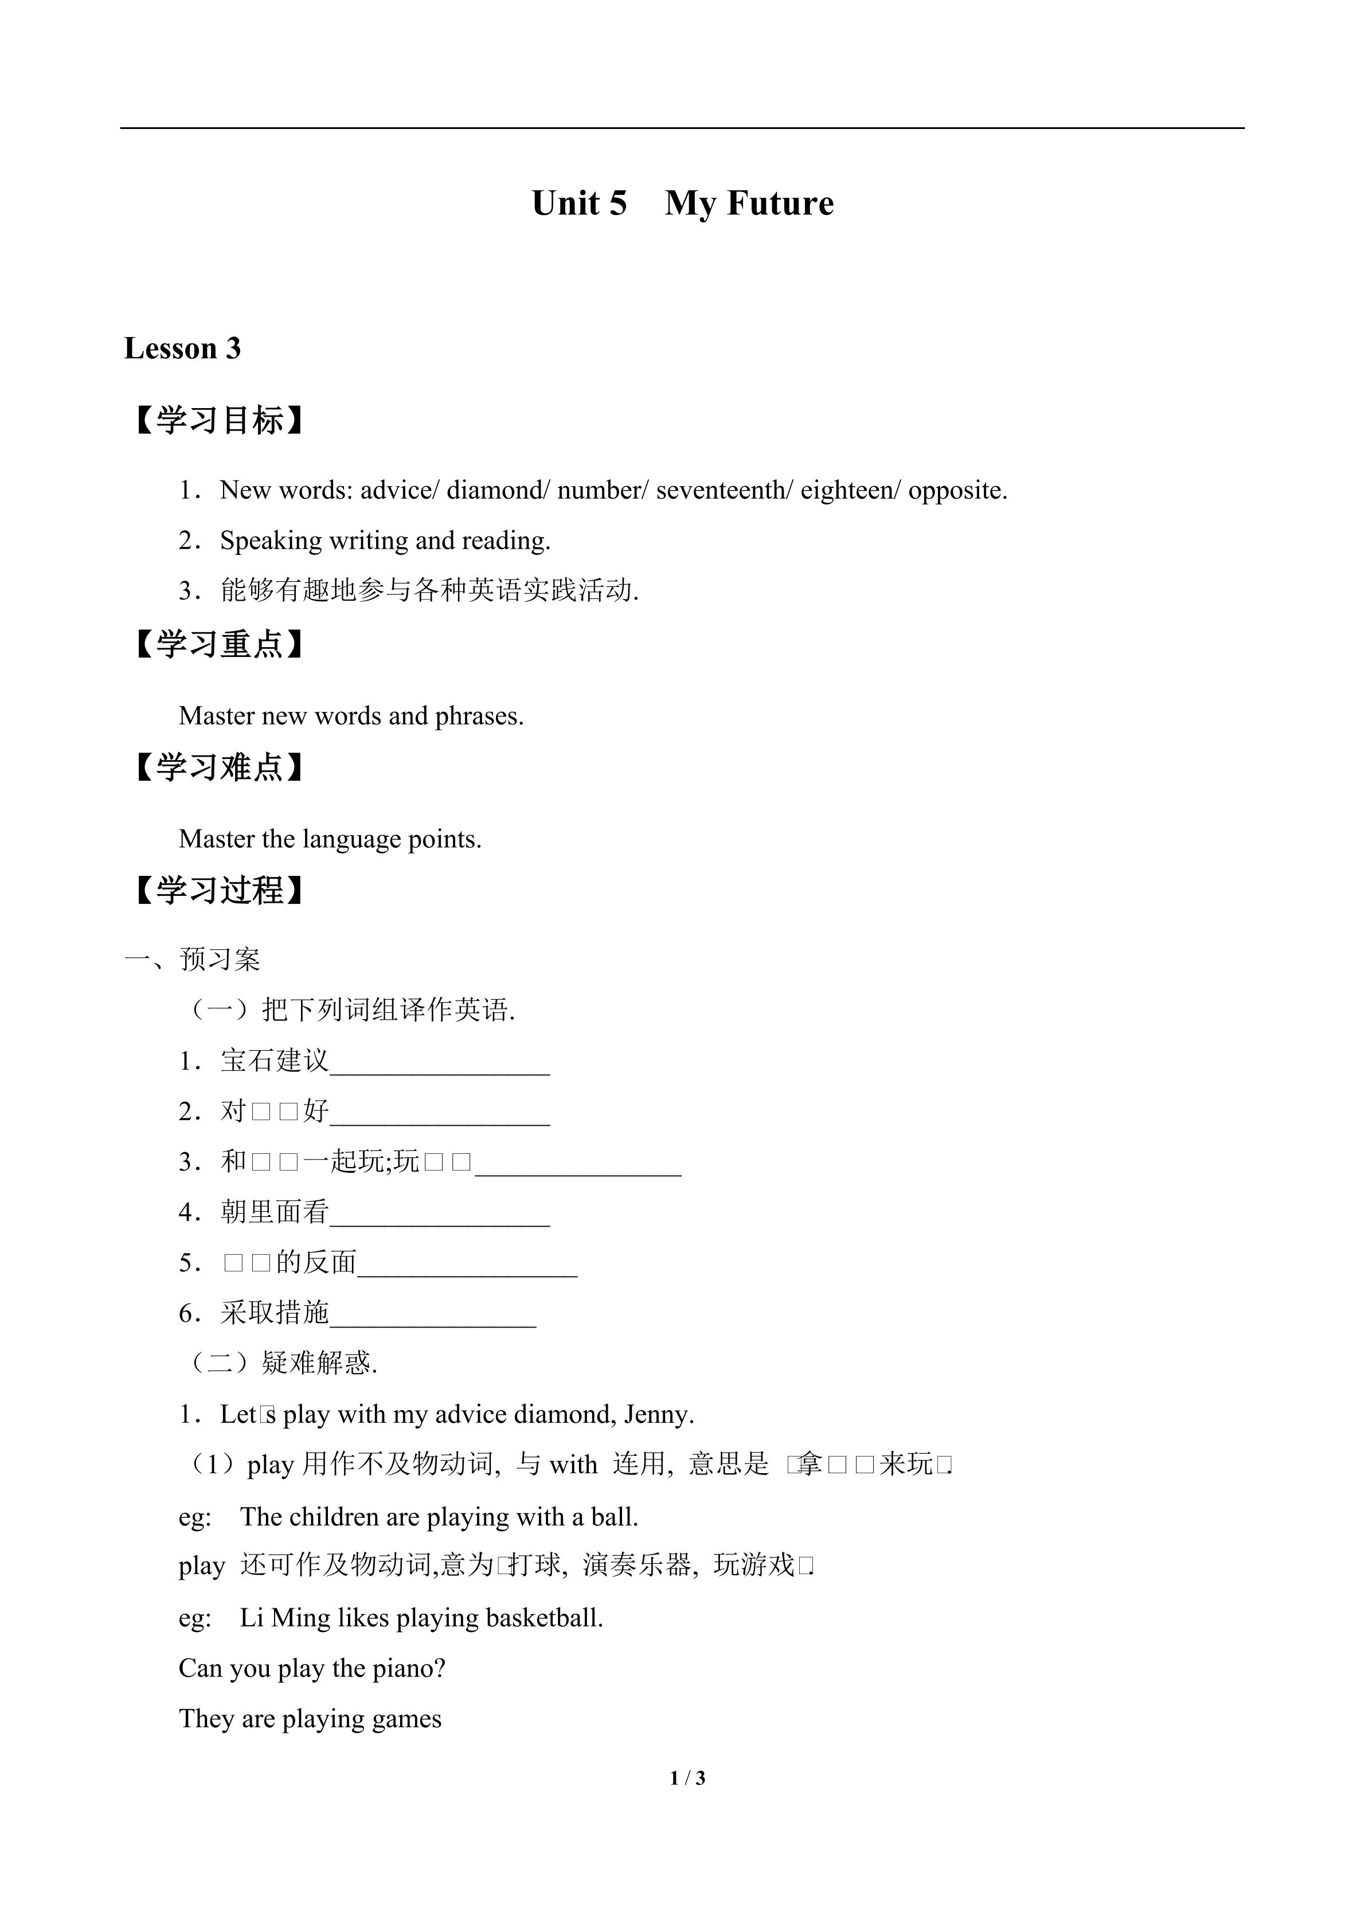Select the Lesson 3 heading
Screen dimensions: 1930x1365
tap(182, 348)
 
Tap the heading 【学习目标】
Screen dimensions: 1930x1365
tap(218, 420)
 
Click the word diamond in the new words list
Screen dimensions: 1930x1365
tap(495, 490)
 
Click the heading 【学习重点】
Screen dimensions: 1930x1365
tap(218, 645)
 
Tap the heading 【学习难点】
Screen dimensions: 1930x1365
tap(218, 768)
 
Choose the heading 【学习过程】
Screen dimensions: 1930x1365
tap(218, 890)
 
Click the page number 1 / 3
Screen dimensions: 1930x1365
tap(687, 1778)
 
